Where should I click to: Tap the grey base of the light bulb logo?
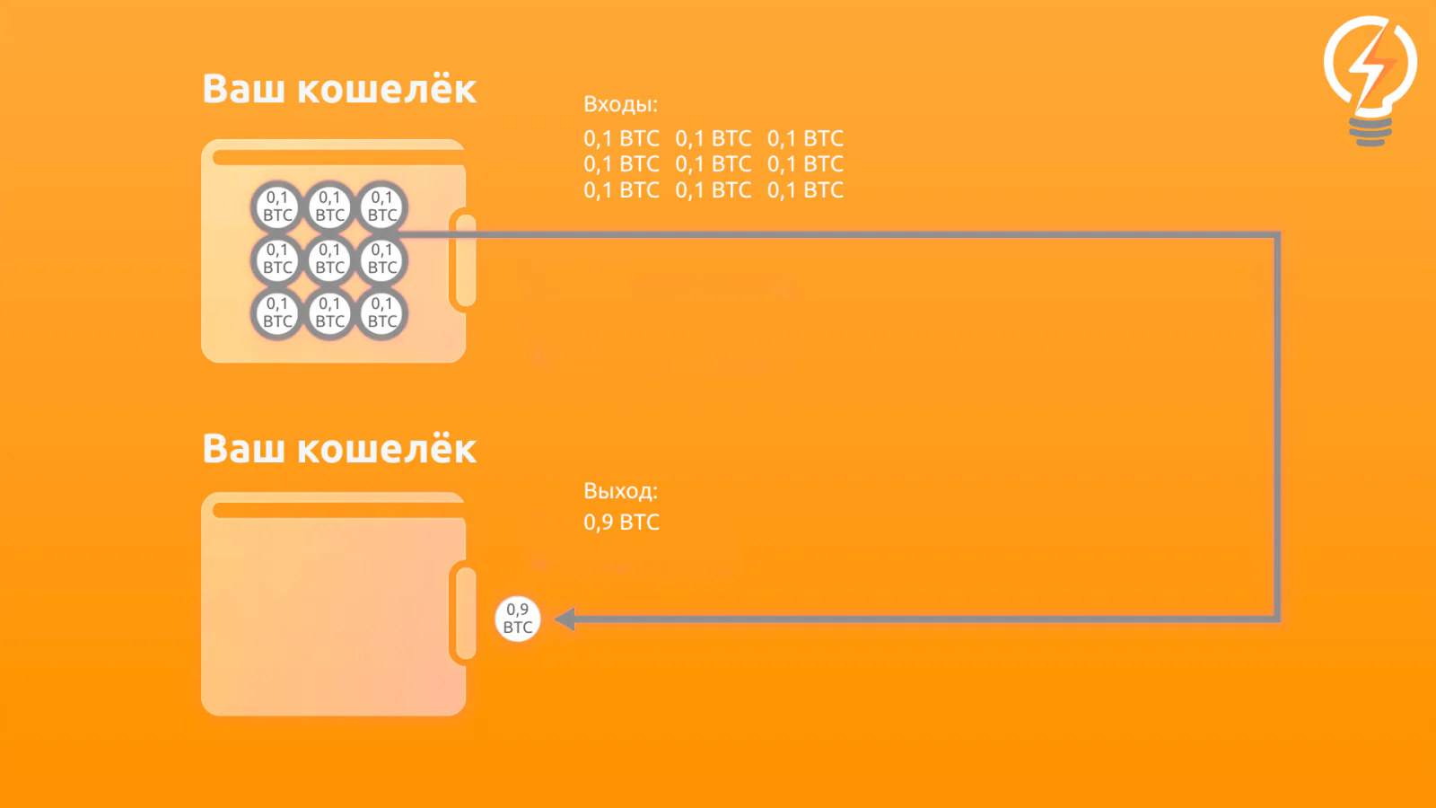tap(1370, 132)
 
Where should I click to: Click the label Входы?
tap(620, 104)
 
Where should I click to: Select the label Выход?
tap(620, 491)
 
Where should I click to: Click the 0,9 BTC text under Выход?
tap(621, 522)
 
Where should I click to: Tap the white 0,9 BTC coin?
tap(517, 619)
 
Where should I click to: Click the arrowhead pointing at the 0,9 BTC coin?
tap(565, 619)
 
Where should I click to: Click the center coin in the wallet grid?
tap(329, 259)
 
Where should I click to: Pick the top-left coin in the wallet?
tap(277, 206)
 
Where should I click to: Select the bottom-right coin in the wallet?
tap(382, 313)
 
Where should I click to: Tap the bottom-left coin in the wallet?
tap(277, 313)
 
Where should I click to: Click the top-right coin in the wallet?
tap(382, 206)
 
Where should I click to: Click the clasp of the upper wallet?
tap(466, 260)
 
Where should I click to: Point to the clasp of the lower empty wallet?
tap(466, 613)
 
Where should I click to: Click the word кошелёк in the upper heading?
tap(387, 88)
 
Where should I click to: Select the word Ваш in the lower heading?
tap(243, 448)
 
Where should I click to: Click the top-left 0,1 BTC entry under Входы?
tap(621, 138)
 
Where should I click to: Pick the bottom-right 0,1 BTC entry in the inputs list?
tap(805, 189)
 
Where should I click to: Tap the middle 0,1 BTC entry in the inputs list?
tap(713, 164)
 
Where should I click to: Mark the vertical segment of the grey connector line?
tap(1277, 426)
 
